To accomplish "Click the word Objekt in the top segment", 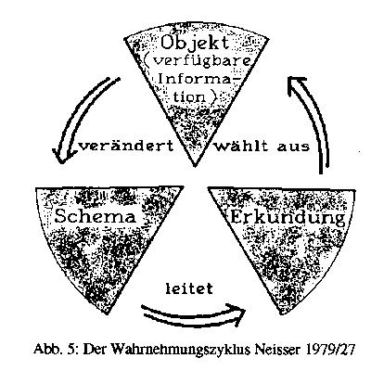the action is [195, 44].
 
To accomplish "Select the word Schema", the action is [96, 216].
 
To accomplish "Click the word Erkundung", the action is [288, 218].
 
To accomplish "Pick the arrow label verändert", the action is [127, 146].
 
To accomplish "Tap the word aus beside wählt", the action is [293, 147].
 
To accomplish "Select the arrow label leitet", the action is [189, 288].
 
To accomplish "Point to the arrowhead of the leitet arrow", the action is [239, 313].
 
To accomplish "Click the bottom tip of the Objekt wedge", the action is [195, 166].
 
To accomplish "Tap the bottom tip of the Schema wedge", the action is [108, 313].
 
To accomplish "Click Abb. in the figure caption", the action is [47, 350].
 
